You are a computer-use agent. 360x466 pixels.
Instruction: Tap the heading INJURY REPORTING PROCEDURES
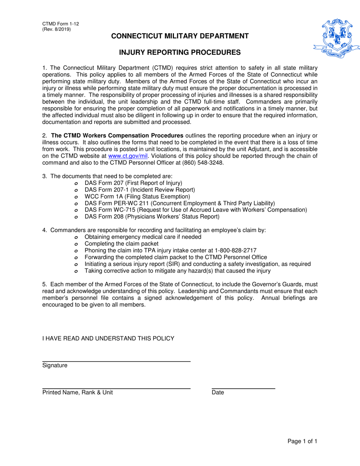pyautogui.click(x=180, y=53)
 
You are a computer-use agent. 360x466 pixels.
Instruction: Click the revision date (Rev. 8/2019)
pyautogui.click(x=56, y=29)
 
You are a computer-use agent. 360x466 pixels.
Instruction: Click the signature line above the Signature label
pyautogui.click(x=116, y=362)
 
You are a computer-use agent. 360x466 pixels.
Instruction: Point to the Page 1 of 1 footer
pyautogui.click(x=302, y=441)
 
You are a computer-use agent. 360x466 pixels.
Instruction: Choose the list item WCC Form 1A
pyautogui.click(x=137, y=196)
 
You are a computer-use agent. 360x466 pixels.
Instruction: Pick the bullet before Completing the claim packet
pyautogui.click(x=76, y=244)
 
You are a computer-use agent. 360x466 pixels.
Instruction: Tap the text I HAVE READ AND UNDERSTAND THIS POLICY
pyautogui.click(x=108, y=338)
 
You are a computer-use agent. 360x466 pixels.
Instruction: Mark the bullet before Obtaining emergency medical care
pyautogui.click(x=76, y=237)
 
